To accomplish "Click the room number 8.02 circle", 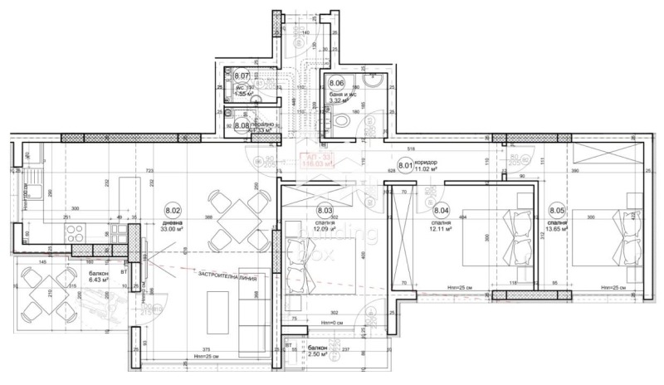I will click(x=173, y=212).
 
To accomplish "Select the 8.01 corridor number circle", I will click(x=406, y=165).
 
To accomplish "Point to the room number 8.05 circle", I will click(x=556, y=212).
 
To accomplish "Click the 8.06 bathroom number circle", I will click(x=336, y=83).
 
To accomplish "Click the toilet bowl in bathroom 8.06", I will click(x=345, y=121).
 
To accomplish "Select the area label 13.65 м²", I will click(x=557, y=230).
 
